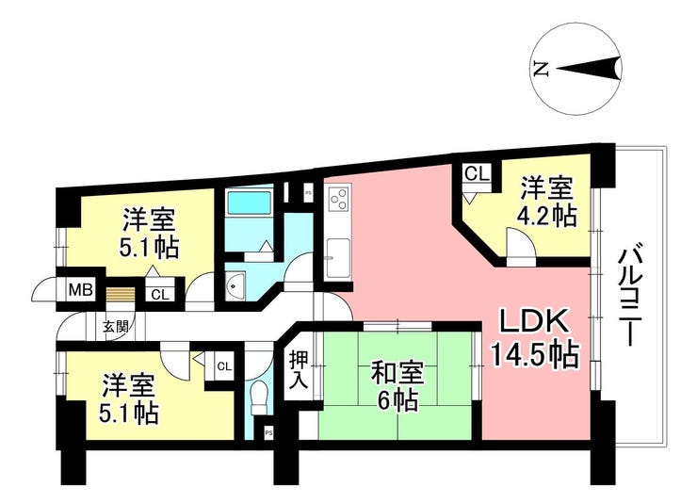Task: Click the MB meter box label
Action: (80, 290)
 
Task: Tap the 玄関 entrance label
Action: (116, 327)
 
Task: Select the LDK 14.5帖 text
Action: (535, 338)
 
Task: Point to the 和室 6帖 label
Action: (397, 386)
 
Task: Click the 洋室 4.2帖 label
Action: (546, 202)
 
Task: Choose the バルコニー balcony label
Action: (631, 298)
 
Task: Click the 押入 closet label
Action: (299, 369)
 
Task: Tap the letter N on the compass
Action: (541, 69)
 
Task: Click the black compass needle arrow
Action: (588, 69)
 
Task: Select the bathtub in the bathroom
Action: (249, 203)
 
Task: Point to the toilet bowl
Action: (258, 396)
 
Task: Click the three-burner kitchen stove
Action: (339, 198)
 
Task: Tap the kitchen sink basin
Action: (338, 257)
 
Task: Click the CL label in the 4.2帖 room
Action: (477, 173)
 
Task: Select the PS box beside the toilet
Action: (268, 432)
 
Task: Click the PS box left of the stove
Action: (307, 193)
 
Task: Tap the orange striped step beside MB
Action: (120, 295)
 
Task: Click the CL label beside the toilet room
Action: (224, 366)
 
